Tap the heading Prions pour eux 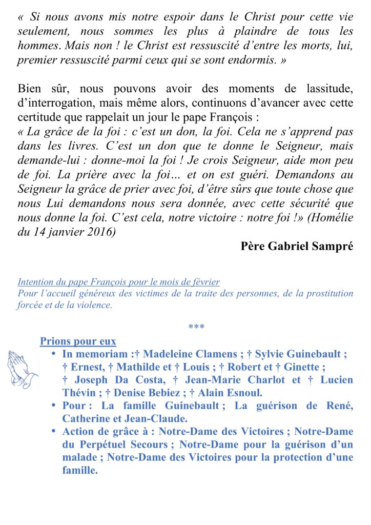click(x=78, y=341)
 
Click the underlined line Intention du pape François click(x=119, y=282)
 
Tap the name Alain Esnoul click(x=237, y=393)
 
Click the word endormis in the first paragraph click(x=250, y=60)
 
